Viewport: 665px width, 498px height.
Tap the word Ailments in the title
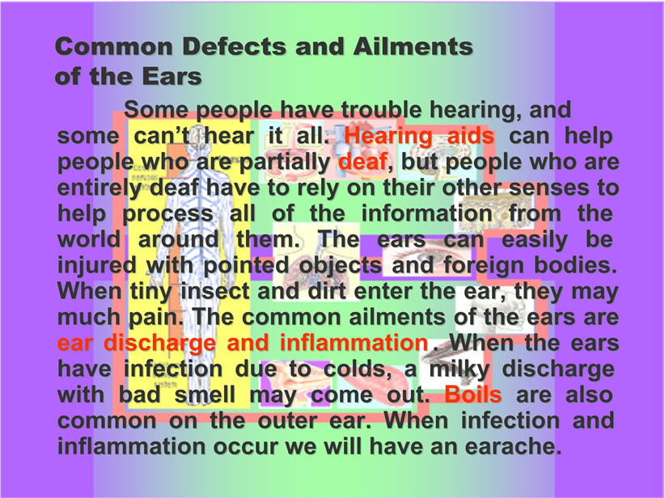click(x=413, y=47)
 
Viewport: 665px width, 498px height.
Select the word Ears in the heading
click(x=172, y=77)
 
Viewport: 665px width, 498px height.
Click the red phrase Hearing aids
click(x=419, y=137)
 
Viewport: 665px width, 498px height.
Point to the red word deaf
click(x=362, y=162)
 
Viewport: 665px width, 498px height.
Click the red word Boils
click(x=473, y=395)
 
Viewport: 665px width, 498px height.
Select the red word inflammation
click(x=354, y=343)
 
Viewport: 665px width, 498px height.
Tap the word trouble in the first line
click(x=381, y=110)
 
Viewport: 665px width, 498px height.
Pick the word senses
click(x=549, y=188)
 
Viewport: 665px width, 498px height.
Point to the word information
click(x=426, y=213)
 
